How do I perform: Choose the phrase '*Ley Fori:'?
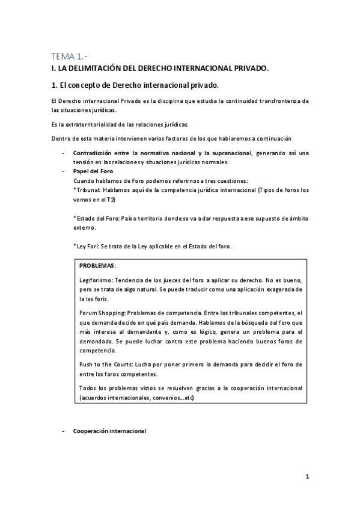coord(86,247)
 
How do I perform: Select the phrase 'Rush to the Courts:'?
coord(106,365)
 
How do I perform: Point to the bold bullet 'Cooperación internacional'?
coord(109,431)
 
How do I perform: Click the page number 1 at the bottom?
coord(307,478)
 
